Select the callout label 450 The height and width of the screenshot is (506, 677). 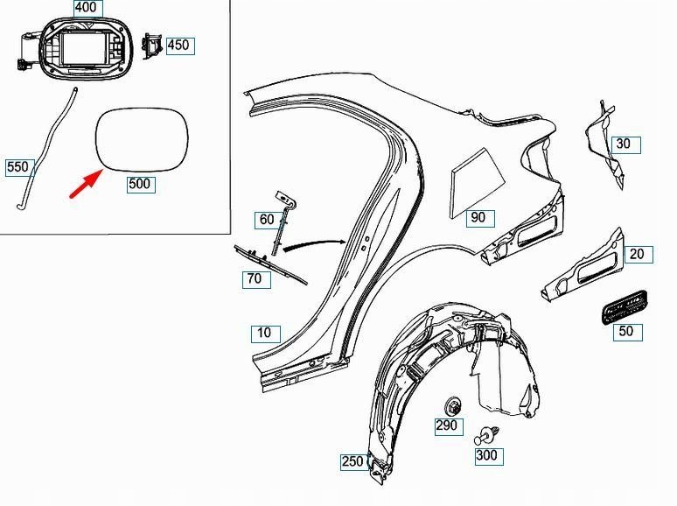pyautogui.click(x=178, y=45)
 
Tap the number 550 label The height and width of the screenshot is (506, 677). pyautogui.click(x=17, y=166)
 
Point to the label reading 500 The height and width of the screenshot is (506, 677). pyautogui.click(x=140, y=184)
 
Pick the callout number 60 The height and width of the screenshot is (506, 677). pyautogui.click(x=266, y=220)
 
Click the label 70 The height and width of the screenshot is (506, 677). pyautogui.click(x=255, y=279)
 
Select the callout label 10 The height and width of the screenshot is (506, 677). pyautogui.click(x=265, y=333)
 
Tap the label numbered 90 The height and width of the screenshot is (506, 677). pyautogui.click(x=478, y=218)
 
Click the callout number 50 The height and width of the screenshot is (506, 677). pyautogui.click(x=625, y=332)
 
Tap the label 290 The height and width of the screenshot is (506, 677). pyautogui.click(x=446, y=426)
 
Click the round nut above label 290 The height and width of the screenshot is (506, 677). pyautogui.click(x=454, y=405)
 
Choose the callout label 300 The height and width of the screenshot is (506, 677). pyautogui.click(x=485, y=456)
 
